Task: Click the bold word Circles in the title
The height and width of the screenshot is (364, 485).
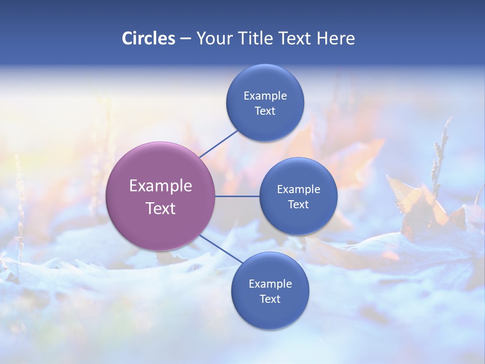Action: coord(148,38)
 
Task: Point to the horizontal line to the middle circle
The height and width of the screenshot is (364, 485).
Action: coord(237,196)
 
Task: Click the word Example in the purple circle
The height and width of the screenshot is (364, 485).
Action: coord(160,186)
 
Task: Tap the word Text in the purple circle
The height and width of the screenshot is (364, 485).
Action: coord(160,208)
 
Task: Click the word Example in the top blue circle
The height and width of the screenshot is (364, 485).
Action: coord(265,96)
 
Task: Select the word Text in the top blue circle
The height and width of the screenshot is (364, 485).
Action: coord(265,111)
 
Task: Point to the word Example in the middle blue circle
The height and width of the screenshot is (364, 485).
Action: coord(298,190)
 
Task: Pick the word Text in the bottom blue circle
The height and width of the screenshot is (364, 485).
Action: coord(270,299)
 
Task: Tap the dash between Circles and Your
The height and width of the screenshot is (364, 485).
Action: coord(185,39)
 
